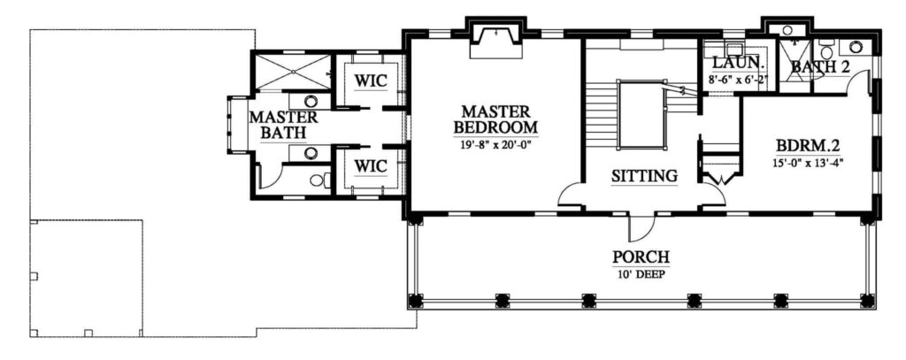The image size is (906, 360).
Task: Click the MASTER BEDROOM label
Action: (495, 119)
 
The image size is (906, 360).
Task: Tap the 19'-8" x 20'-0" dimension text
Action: (495, 144)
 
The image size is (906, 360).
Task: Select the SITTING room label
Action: (644, 175)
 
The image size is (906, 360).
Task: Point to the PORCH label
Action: (641, 256)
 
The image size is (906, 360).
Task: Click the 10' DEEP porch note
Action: (641, 274)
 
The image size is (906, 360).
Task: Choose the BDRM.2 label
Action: (807, 143)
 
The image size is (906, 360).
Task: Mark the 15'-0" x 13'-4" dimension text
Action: (807, 163)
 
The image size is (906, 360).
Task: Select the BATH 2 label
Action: (820, 66)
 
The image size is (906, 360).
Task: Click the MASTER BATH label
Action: (283, 125)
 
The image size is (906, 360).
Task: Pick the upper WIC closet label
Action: (370, 80)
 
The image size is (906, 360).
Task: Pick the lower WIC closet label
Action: (370, 165)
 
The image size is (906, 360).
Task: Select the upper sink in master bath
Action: (311, 101)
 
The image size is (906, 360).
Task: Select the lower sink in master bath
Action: (311, 153)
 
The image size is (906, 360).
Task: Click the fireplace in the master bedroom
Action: (495, 41)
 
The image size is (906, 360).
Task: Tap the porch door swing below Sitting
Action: (641, 227)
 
